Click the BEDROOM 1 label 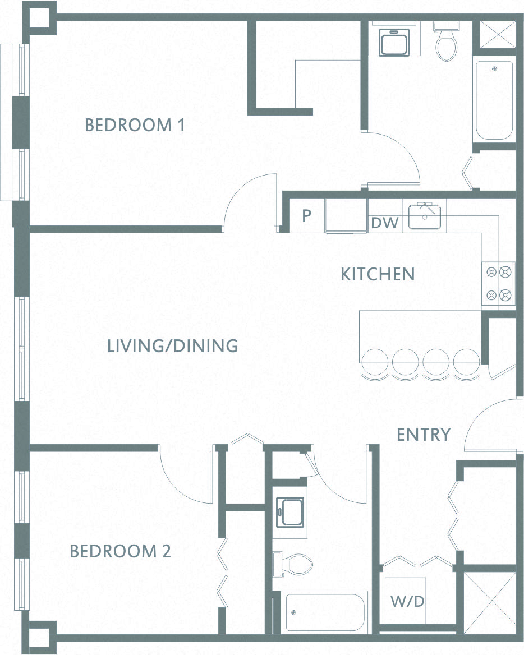click(x=135, y=125)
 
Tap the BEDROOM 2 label click(x=121, y=551)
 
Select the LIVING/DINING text click(x=173, y=346)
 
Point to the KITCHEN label click(x=378, y=274)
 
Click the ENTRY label click(x=423, y=435)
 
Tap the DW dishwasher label click(x=385, y=223)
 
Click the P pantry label click(x=307, y=215)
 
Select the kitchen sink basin click(x=425, y=216)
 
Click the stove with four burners click(x=499, y=284)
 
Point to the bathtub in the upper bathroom click(x=494, y=101)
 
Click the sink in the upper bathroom click(x=394, y=41)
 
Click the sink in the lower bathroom click(x=291, y=512)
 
